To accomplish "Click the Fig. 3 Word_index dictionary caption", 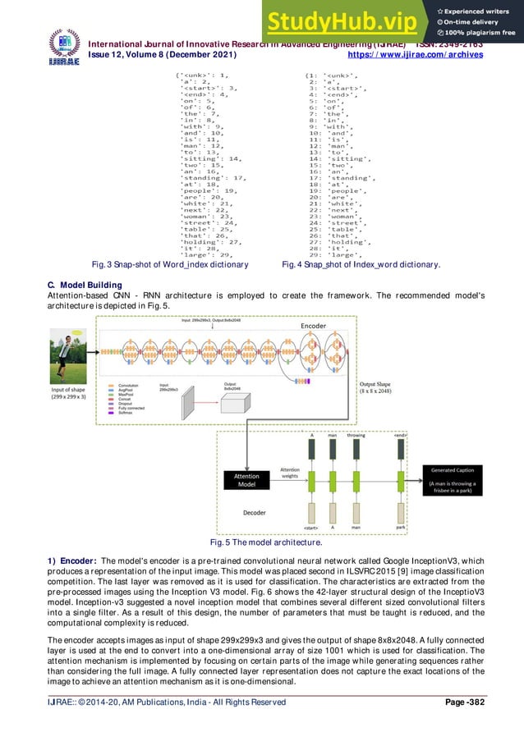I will pyautogui.click(x=172, y=265).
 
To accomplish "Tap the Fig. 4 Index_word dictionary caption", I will pyautogui.click(x=361, y=265).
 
